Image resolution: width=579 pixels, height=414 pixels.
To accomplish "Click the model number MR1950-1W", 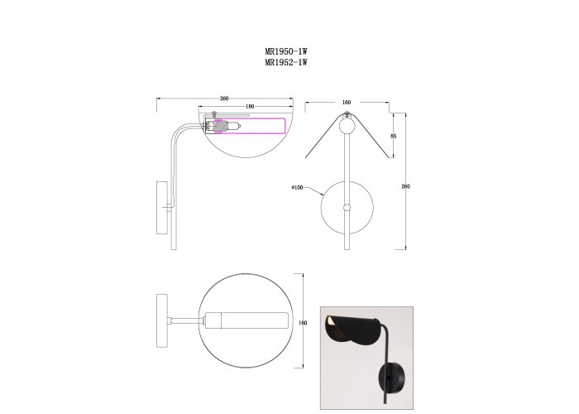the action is [286, 51].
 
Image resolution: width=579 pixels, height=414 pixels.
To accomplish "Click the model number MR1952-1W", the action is [286, 62].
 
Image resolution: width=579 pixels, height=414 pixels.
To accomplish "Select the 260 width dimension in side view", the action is [224, 99].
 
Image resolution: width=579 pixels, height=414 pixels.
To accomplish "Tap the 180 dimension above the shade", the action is [250, 107].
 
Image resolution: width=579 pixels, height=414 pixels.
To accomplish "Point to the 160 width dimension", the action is [347, 103].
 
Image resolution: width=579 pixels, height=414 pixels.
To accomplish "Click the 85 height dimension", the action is [393, 136].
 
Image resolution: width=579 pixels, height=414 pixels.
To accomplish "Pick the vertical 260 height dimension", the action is [405, 186].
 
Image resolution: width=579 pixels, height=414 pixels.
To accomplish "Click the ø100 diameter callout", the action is [297, 188].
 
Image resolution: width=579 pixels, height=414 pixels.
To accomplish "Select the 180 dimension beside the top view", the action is [303, 323].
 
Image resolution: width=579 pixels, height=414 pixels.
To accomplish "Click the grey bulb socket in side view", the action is [220, 126].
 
